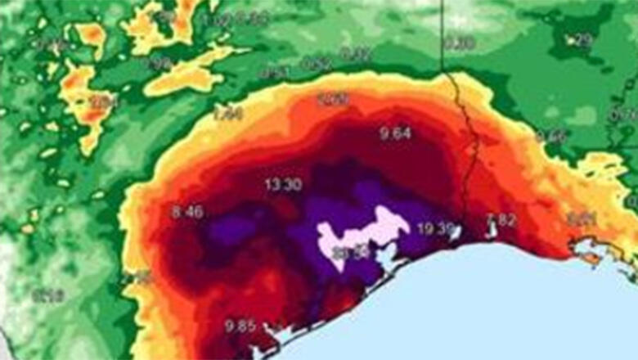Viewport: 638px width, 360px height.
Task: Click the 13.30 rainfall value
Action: coord(283,185)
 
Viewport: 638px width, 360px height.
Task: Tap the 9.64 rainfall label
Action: coord(395,133)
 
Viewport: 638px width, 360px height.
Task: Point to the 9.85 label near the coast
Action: coord(241,326)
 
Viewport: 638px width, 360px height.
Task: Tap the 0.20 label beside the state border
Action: coord(459,43)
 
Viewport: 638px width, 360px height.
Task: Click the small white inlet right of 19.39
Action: coord(455,232)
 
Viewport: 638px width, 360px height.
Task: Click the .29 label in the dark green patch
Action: coord(580,38)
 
